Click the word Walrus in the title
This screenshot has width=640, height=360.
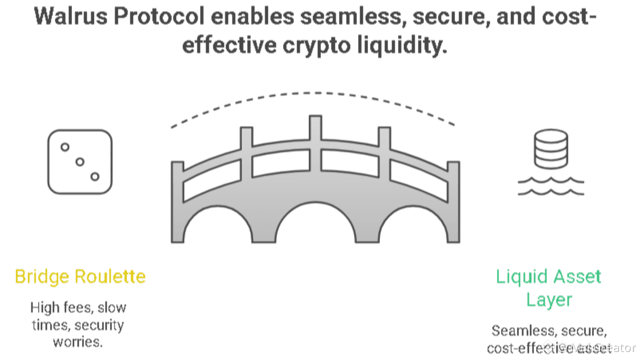point(69,16)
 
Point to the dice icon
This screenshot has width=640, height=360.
point(80,161)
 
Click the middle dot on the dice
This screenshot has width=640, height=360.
point(80,161)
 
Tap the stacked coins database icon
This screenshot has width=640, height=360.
point(550,148)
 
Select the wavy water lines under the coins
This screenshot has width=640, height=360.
point(550,186)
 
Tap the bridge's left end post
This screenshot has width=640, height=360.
point(177,200)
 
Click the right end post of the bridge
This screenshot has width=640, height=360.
point(453,200)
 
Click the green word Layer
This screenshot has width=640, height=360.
point(548,299)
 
